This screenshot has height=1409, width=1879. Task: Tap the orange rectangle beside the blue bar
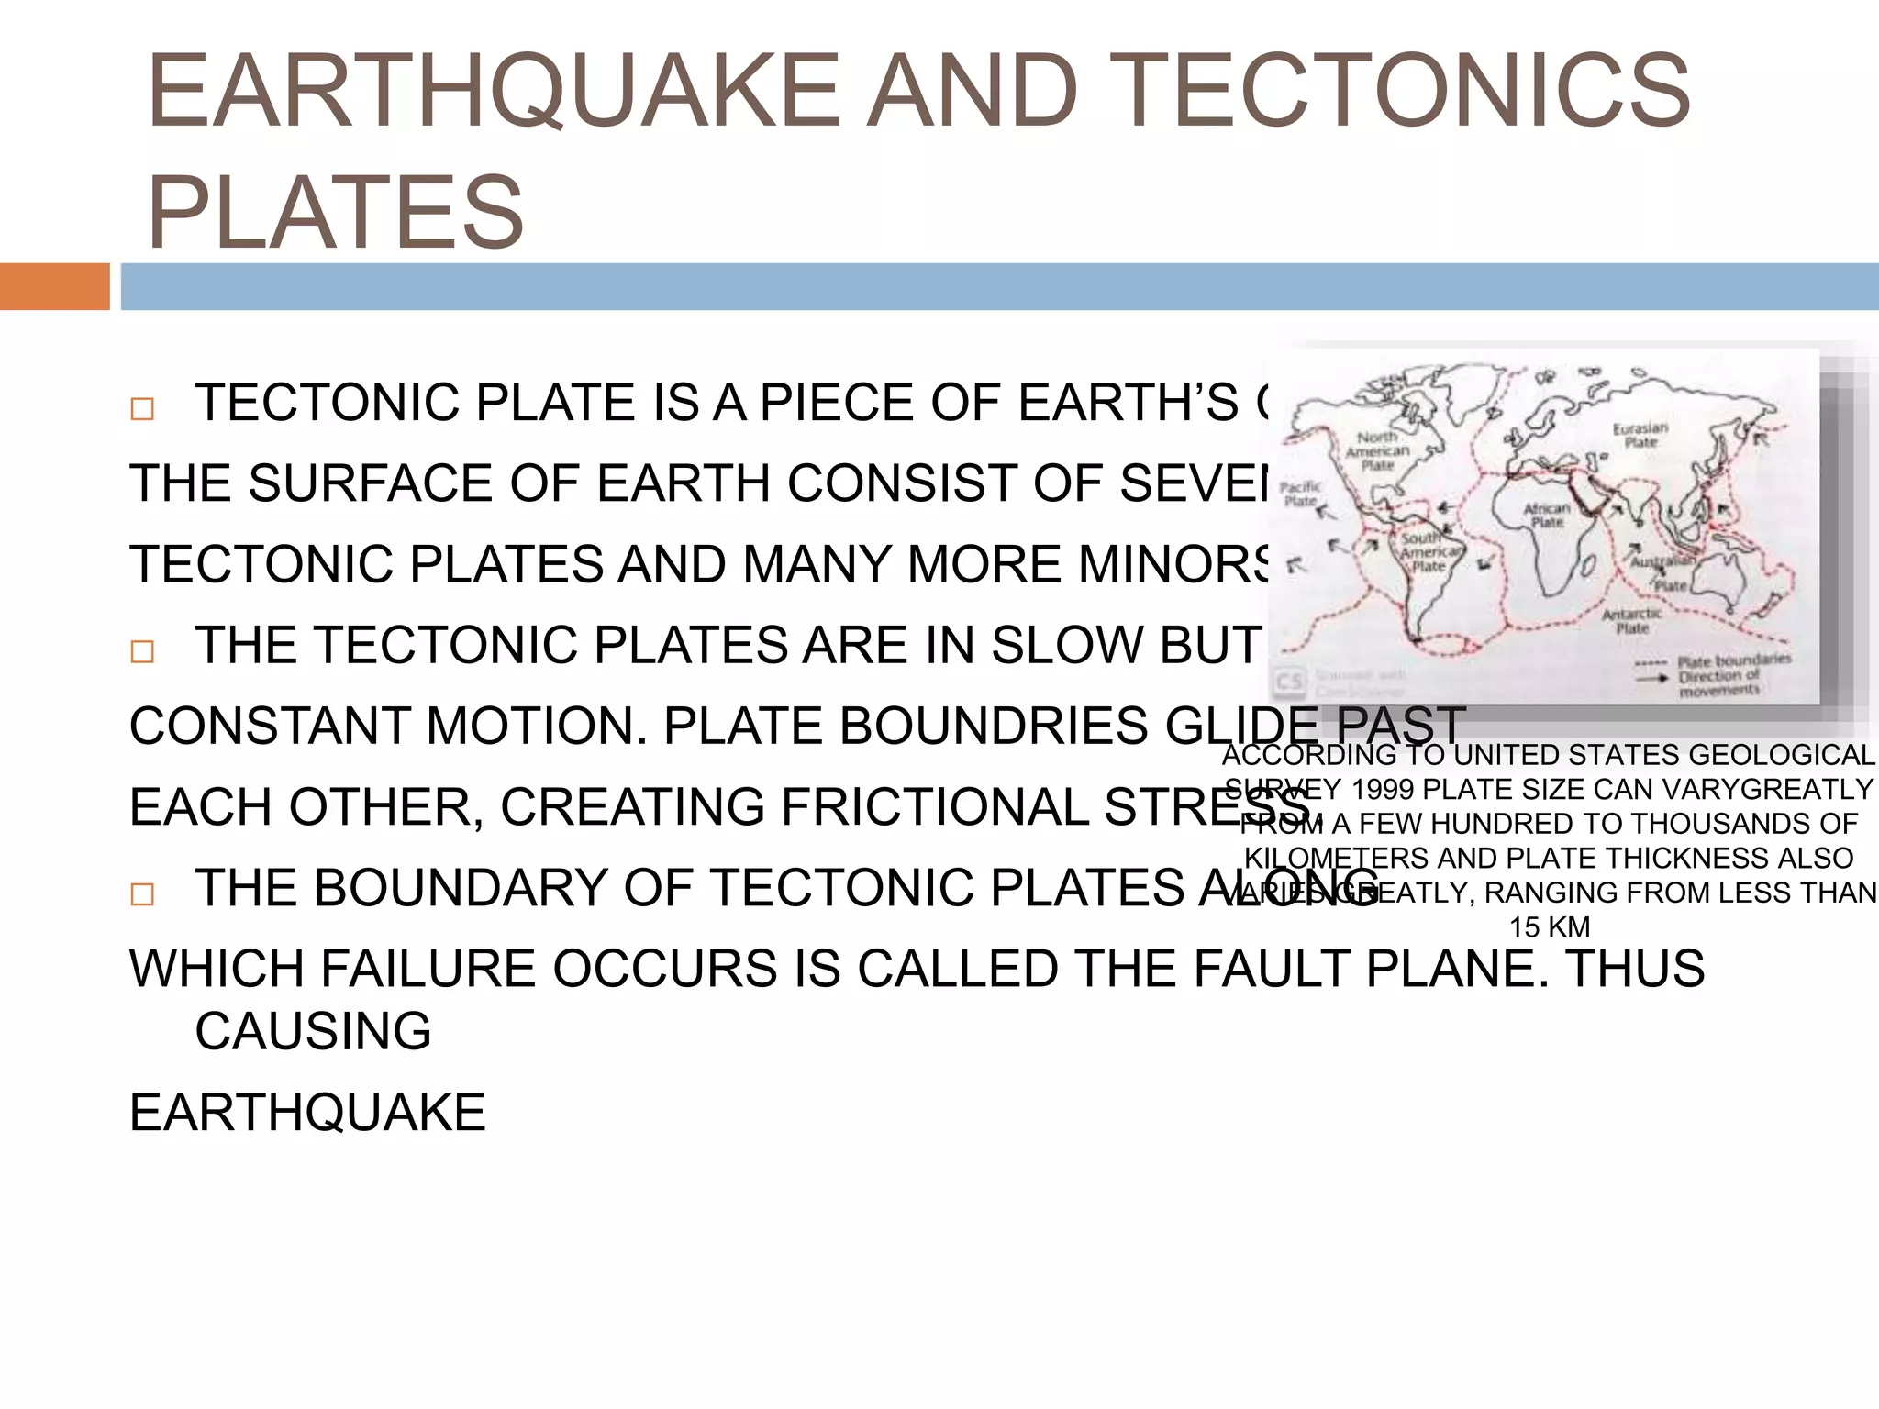[x=54, y=286]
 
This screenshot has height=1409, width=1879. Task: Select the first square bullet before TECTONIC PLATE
[x=142, y=408]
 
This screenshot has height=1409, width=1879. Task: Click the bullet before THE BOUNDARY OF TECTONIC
[x=142, y=893]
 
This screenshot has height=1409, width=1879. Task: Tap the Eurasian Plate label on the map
[x=1640, y=435]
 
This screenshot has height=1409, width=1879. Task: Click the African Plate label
[x=1547, y=515]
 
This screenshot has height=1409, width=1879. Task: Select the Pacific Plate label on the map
[x=1300, y=494]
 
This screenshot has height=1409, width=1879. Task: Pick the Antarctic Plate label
[x=1631, y=621]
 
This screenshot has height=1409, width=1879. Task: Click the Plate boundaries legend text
[x=1733, y=660]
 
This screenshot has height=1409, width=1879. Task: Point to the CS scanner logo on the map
[x=1289, y=682]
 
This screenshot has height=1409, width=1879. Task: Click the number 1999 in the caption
[x=1383, y=790]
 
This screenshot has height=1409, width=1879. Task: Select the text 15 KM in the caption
[x=1550, y=927]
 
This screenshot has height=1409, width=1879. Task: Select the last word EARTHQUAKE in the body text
[x=307, y=1113]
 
